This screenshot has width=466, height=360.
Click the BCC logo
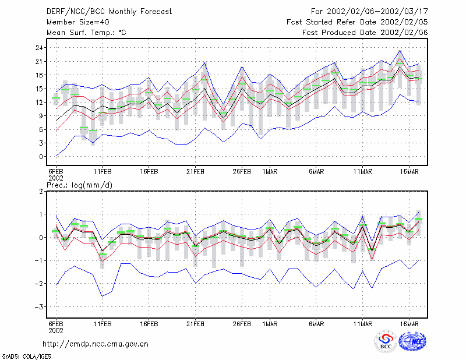(386, 342)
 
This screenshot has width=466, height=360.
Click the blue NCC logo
(413, 341)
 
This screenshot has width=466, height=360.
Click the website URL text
(96, 344)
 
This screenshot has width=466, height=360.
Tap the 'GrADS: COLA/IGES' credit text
(26, 357)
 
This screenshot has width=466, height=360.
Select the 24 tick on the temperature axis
(39, 48)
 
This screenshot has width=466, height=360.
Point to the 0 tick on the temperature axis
(41, 157)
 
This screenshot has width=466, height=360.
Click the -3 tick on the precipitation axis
(39, 307)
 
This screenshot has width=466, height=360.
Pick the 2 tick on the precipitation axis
(41, 192)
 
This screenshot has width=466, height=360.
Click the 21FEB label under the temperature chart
(195, 172)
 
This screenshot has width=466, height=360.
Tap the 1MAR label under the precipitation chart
(270, 324)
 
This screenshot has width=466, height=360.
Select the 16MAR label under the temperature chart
(409, 172)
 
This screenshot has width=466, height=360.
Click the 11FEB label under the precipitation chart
(103, 324)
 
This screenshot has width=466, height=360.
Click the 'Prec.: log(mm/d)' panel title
(80, 185)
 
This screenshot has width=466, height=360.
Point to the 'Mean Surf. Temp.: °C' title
(86, 33)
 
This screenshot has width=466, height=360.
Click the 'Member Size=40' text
(78, 22)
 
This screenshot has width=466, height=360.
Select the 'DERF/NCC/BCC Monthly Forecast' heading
(109, 12)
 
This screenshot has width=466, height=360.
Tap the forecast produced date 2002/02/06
(404, 33)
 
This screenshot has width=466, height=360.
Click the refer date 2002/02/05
(404, 22)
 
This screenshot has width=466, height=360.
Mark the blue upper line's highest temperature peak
(400, 51)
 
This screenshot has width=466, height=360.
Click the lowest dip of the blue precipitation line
(103, 296)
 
